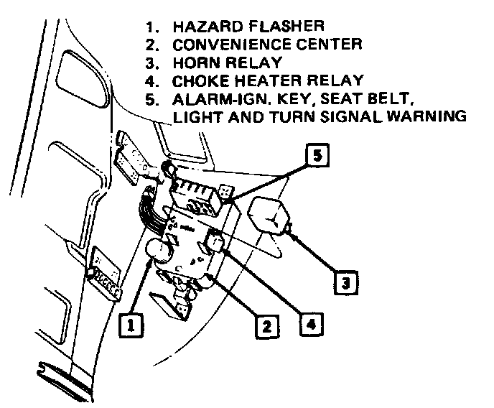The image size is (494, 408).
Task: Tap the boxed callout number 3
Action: click(x=346, y=282)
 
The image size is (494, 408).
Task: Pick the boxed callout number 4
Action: click(x=309, y=324)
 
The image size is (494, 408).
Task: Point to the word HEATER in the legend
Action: click(x=262, y=80)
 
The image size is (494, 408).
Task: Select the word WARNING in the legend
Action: click(x=429, y=115)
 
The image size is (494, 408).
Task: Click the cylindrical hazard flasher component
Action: click(x=159, y=252)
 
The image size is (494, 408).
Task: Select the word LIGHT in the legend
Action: click(x=196, y=115)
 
